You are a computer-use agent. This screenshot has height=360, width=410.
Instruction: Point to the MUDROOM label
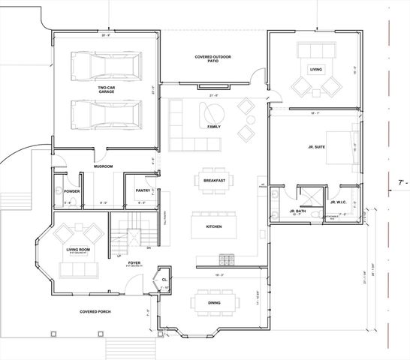pos(102,166)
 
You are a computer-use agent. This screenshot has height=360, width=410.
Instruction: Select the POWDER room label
pos(72,191)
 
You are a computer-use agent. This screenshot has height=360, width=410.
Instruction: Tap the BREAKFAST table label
pos(215,180)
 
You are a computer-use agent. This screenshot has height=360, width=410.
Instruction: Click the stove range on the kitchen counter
pos(225,260)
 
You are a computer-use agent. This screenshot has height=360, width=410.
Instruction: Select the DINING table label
pos(216,302)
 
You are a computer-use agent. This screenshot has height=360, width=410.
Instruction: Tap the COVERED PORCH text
pos(95,310)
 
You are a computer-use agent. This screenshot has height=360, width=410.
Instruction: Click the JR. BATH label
pos(297,211)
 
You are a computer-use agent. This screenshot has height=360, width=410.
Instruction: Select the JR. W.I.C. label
pos(337,202)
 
